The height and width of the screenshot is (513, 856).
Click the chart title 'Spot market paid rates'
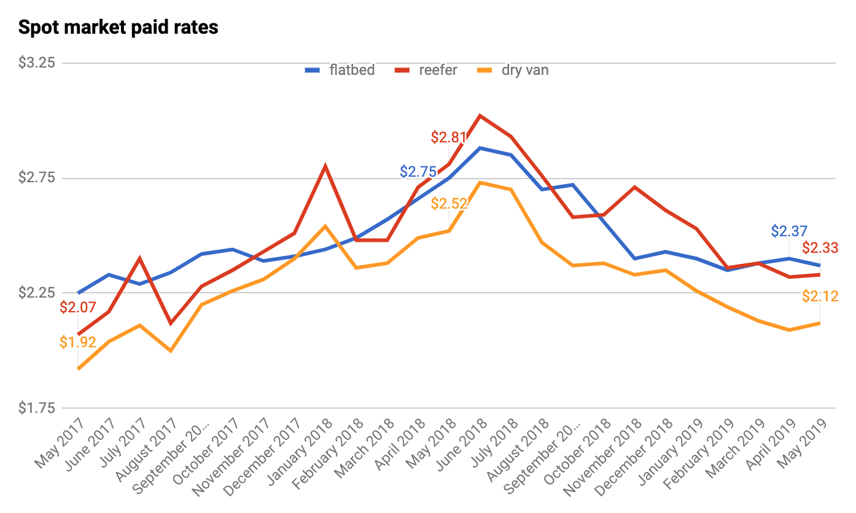tap(118, 28)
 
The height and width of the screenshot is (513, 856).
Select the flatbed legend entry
tap(340, 70)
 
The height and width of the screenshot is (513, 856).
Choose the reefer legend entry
tap(429, 70)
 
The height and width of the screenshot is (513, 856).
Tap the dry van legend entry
tap(513, 70)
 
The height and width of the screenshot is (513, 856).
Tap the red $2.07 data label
tap(77, 307)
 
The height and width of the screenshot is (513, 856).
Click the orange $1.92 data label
tap(77, 342)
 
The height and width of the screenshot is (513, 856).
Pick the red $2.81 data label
tap(448, 137)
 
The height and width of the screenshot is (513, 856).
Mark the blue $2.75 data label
tap(418, 172)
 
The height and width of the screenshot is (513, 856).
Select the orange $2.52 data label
tap(449, 204)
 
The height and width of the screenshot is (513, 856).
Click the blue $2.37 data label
tap(789, 231)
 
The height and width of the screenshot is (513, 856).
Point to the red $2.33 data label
tap(820, 249)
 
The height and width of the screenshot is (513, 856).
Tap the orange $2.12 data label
tap(820, 296)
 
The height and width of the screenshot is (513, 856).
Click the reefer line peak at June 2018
tap(480, 115)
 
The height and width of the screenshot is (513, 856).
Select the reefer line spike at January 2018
tap(325, 166)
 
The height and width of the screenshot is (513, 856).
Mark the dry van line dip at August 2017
tap(170, 351)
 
